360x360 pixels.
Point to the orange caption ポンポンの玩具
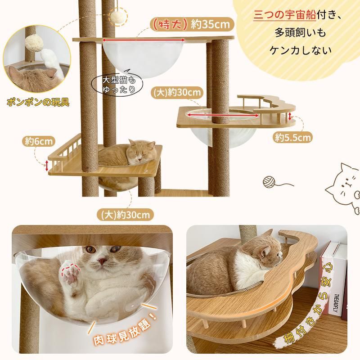pyautogui.click(x=38, y=102)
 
